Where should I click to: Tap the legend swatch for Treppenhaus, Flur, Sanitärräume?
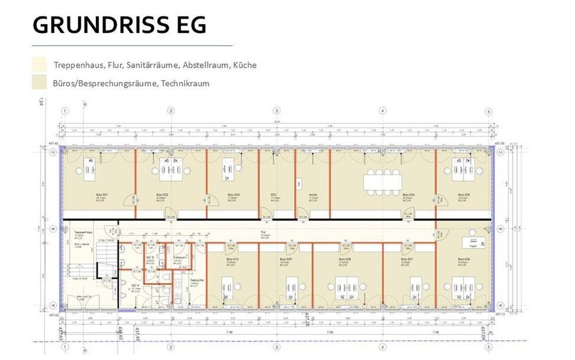(39, 64)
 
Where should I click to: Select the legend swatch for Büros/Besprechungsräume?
(39, 83)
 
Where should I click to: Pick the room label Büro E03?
(233, 196)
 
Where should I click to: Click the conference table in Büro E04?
(384, 181)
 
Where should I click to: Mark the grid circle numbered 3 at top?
(276, 111)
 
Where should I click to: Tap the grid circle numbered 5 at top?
(489, 111)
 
